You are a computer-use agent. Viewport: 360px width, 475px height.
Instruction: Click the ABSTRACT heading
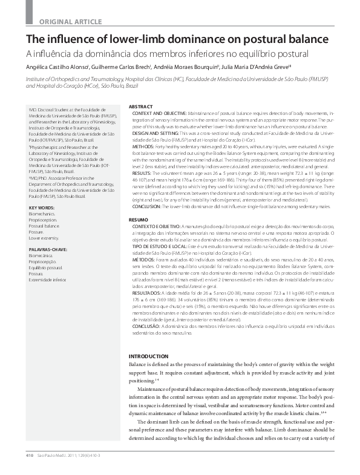[x=141, y=107]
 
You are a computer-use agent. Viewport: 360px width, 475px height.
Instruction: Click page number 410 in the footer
[x=28, y=454]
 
